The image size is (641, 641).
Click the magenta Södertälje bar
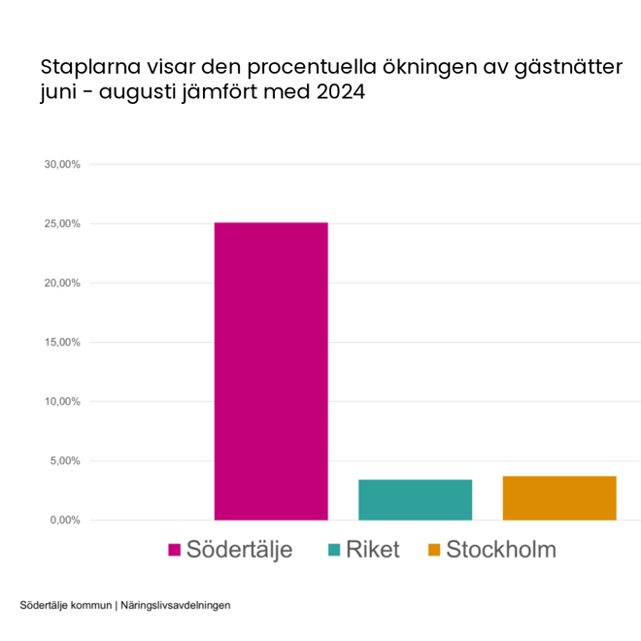271,371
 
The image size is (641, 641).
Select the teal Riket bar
415,499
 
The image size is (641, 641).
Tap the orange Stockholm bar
559,497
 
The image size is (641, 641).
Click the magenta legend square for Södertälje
174,551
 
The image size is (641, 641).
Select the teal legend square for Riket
334,551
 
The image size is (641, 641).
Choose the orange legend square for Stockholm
434,551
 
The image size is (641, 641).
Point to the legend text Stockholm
501,550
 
